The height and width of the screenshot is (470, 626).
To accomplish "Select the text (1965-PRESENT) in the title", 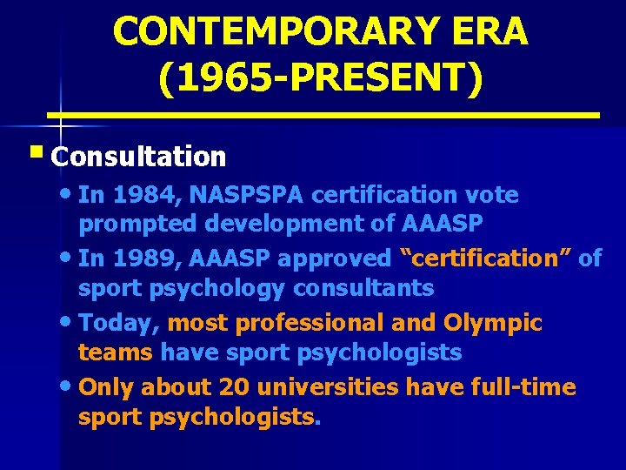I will (x=320, y=80).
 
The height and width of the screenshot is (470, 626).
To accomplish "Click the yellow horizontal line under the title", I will (x=323, y=115).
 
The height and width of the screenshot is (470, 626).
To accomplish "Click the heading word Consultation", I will (x=139, y=157).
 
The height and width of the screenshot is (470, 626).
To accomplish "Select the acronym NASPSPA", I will (x=248, y=195).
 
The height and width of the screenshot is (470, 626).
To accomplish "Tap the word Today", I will (x=117, y=323).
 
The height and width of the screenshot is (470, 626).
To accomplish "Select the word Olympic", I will (x=493, y=323).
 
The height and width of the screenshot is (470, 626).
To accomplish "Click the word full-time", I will (x=525, y=386).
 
